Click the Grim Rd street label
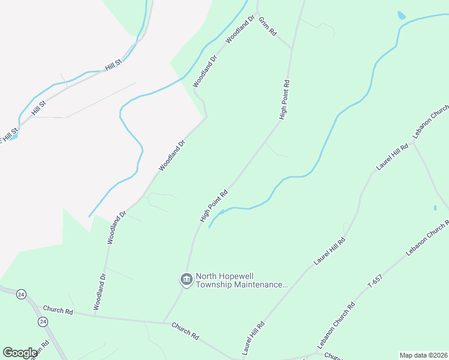pos(268,26)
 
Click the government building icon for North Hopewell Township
pos(186,280)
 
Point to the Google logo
pos(20,353)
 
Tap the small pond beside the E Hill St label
pos(13,136)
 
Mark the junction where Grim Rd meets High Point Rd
pos(292,49)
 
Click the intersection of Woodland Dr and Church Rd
pos(94,315)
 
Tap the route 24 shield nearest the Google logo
pos(42,322)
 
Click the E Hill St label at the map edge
pos(8,135)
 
